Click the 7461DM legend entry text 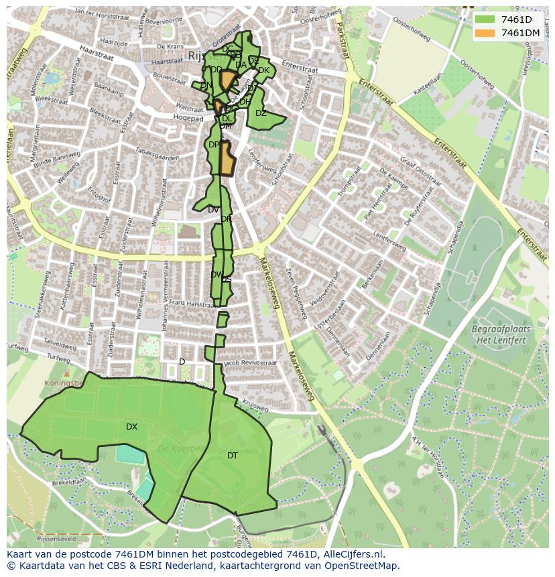pos(520,33)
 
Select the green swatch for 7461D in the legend pos(485,19)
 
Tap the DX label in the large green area pos(131,427)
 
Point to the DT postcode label pos(233,456)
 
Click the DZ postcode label pos(261,113)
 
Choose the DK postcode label pos(263,70)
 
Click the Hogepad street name pos(188,119)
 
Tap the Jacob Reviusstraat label pos(250,363)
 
